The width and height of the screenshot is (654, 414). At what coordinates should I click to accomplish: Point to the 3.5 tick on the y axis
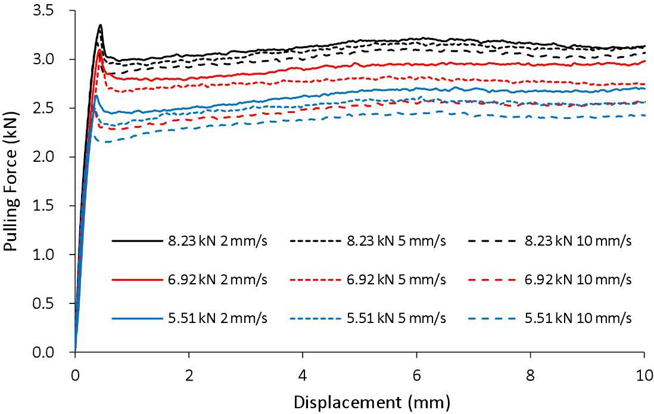click(54, 11)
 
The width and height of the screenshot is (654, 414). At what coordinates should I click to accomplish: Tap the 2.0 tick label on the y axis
click(54, 158)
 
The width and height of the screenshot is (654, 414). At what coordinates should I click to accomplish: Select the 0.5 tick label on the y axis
click(54, 304)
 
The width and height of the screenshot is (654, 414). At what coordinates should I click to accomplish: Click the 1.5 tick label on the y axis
click(54, 206)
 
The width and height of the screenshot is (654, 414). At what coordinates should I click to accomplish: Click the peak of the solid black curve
click(101, 25)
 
